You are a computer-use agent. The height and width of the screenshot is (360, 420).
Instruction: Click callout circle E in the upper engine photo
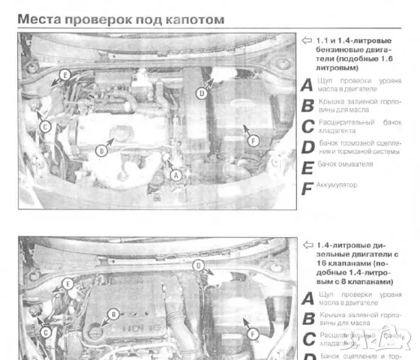(x=64, y=75)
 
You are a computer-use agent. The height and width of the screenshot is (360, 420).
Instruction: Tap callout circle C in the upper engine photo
(x=45, y=127)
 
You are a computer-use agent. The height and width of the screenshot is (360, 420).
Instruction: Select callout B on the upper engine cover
(x=101, y=151)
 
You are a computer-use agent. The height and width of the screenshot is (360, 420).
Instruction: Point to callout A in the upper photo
(x=177, y=173)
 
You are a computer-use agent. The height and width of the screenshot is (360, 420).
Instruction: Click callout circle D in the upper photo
(x=200, y=94)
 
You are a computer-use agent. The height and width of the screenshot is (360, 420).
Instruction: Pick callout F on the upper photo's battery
(x=252, y=139)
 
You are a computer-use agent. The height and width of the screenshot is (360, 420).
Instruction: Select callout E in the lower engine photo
(x=67, y=283)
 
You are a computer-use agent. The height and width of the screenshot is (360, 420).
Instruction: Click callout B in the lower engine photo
(x=112, y=313)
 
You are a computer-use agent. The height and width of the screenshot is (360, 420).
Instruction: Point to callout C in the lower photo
(x=45, y=331)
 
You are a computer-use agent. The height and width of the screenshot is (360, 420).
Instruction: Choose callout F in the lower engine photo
(x=252, y=333)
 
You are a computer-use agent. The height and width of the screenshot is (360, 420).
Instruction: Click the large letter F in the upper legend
(x=306, y=188)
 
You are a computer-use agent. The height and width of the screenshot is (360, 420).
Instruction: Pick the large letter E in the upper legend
(x=306, y=167)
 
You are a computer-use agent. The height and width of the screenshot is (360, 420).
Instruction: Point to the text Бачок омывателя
(x=345, y=163)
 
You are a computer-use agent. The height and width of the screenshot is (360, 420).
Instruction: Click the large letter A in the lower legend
(x=306, y=298)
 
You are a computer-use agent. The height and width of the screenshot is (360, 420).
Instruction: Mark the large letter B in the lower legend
(x=306, y=319)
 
